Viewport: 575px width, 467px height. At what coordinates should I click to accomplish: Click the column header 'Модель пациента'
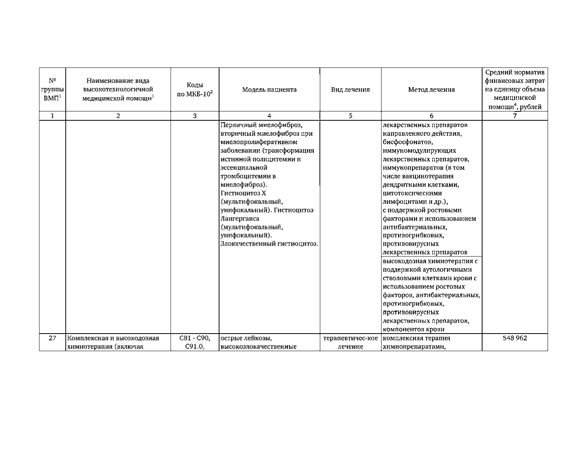[x=269, y=90]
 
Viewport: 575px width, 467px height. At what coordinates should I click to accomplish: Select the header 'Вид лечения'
[x=350, y=90]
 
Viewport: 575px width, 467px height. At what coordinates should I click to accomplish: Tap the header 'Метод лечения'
[x=431, y=90]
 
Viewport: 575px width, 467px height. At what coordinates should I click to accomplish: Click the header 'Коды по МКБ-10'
[x=195, y=90]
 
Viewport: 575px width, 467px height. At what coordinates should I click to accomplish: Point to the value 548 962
[x=515, y=338]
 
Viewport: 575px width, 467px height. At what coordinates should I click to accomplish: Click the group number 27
[x=52, y=338]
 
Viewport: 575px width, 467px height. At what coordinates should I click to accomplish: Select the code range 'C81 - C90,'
[x=195, y=338]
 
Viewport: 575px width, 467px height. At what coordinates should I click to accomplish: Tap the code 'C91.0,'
[x=195, y=347]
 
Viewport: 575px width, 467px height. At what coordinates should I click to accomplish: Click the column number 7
[x=515, y=116]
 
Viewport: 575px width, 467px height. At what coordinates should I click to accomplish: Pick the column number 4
[x=269, y=116]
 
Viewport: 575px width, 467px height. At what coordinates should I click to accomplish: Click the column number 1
[x=52, y=116]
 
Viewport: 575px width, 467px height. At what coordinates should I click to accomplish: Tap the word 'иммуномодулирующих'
[x=419, y=151]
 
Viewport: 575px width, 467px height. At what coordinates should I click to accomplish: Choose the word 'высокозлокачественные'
[x=258, y=347]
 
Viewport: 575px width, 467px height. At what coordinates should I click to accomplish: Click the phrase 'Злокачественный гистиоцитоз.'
[x=269, y=244]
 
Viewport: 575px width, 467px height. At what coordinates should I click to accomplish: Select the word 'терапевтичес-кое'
[x=350, y=338]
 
